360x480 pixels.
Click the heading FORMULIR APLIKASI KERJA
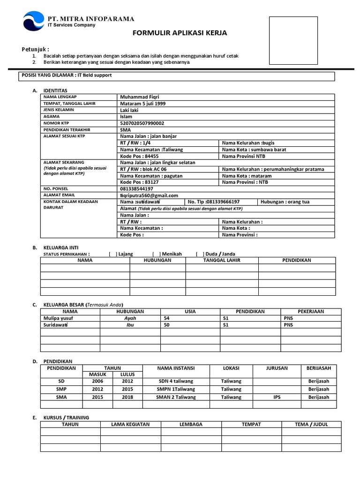pyautogui.click(x=180, y=33)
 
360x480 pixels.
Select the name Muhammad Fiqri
pyautogui.click(x=140, y=97)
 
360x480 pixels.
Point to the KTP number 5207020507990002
pyautogui.click(x=142, y=123)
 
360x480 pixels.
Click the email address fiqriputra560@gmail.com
pyautogui.click(x=149, y=195)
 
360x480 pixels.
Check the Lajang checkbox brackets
pyautogui.click(x=112, y=254)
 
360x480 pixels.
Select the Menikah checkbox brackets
pyautogui.click(x=157, y=254)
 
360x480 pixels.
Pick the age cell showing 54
pyautogui.click(x=166, y=318)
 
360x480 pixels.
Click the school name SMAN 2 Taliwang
pyautogui.click(x=176, y=397)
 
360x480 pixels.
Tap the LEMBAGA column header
pyautogui.click(x=191, y=424)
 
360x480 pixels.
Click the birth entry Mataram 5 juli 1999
pyautogui.click(x=142, y=104)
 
